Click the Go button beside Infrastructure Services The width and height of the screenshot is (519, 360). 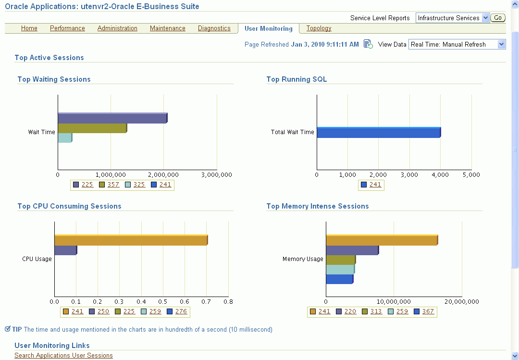[498, 18]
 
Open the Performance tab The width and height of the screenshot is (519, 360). [67, 28]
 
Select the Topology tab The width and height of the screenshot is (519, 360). [319, 28]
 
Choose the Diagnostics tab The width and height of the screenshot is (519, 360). [214, 28]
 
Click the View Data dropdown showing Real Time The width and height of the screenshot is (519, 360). [457, 44]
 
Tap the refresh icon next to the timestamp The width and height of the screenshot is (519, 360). [368, 44]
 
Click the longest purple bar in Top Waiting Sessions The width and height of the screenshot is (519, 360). [112, 118]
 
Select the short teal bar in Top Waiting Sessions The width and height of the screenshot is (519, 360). [64, 137]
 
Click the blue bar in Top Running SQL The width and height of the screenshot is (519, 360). [378, 132]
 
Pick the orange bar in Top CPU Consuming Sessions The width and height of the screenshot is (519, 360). [131, 240]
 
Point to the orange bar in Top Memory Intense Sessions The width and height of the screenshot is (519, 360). [382, 240]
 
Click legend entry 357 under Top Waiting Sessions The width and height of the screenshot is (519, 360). [113, 185]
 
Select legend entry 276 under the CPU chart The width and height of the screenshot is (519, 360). [181, 311]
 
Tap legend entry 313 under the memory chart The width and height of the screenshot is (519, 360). [376, 311]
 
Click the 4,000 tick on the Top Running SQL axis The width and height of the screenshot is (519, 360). [440, 175]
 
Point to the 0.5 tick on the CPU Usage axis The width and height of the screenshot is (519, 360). [163, 302]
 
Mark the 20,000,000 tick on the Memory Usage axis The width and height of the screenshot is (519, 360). [461, 302]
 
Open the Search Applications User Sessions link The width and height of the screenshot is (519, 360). [63, 356]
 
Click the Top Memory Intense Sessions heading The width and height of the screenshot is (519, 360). [317, 206]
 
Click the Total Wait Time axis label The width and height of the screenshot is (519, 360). [292, 132]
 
